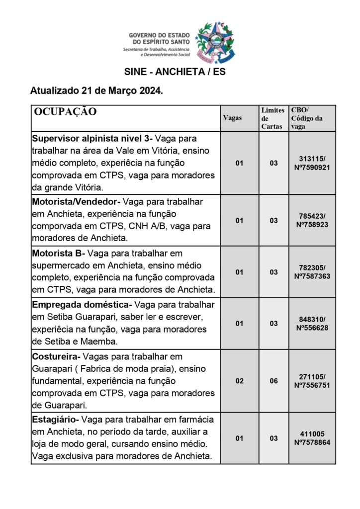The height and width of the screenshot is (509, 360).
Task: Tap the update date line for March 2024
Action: pyautogui.click(x=96, y=91)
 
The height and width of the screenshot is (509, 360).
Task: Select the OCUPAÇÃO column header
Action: pyautogui.click(x=65, y=112)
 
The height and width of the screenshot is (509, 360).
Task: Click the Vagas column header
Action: pyautogui.click(x=232, y=118)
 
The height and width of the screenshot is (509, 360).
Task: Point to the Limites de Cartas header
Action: pyautogui.click(x=272, y=118)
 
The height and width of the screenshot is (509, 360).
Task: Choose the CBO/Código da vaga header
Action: pyautogui.click(x=307, y=118)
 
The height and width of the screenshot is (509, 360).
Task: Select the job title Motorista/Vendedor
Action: pyautogui.click(x=76, y=202)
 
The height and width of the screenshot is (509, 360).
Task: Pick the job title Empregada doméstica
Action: pyautogui.click(x=81, y=304)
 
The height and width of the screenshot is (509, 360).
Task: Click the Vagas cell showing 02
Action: pyautogui.click(x=239, y=381)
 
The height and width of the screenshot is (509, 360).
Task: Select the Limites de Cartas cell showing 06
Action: pyautogui.click(x=273, y=381)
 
